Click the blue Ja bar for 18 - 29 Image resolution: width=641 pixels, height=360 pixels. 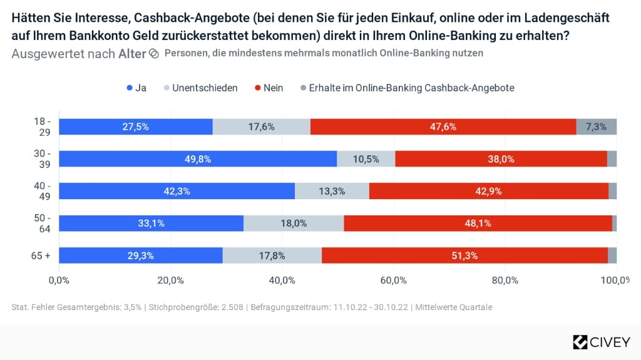pyautogui.click(x=136, y=127)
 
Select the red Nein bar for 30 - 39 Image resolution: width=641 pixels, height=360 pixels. pyautogui.click(x=501, y=159)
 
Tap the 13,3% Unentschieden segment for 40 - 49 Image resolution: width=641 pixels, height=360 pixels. pyautogui.click(x=332, y=191)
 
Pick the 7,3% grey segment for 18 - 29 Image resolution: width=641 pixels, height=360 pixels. pyautogui.click(x=597, y=127)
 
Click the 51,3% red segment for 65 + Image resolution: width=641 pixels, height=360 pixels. pyautogui.click(x=465, y=255)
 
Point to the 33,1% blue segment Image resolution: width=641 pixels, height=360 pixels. pyautogui.click(x=151, y=224)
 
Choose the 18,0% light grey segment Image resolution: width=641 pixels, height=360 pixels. pyautogui.click(x=294, y=224)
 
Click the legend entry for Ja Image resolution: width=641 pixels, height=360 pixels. pyautogui.click(x=136, y=88)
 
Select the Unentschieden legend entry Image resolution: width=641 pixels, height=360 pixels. pyautogui.click(x=201, y=88)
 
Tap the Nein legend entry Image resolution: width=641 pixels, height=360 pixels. pyautogui.click(x=269, y=88)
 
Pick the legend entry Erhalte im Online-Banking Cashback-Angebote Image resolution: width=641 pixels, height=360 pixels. pyautogui.click(x=408, y=88)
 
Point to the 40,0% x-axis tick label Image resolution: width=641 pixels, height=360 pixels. pyautogui.click(x=282, y=280)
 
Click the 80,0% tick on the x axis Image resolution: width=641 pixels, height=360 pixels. pyautogui.click(x=505, y=280)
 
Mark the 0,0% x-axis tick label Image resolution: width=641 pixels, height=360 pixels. pyautogui.click(x=59, y=280)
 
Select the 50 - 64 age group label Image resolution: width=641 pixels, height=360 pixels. pyautogui.click(x=42, y=224)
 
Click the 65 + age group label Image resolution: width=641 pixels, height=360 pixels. pyautogui.click(x=41, y=255)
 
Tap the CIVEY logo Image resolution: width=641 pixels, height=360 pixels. pyautogui.click(x=602, y=342)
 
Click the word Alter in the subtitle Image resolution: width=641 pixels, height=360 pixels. pyautogui.click(x=132, y=54)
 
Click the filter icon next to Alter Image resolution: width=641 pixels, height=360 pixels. pyautogui.click(x=154, y=54)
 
